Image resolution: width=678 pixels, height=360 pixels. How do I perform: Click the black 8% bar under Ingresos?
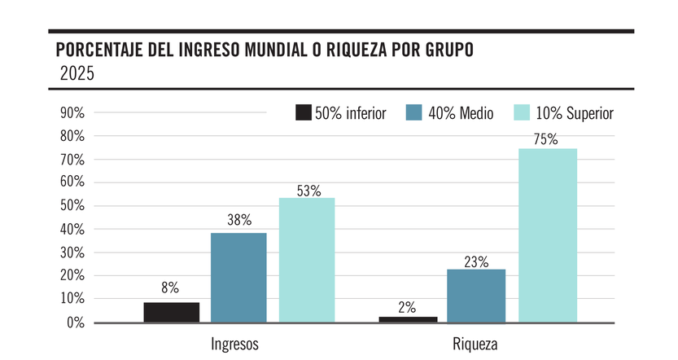click(x=172, y=313)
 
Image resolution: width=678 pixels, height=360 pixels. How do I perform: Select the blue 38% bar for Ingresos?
click(x=238, y=278)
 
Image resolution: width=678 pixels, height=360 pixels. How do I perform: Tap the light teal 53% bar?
click(x=307, y=260)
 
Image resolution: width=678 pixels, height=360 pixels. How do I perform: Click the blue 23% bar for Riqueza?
click(x=476, y=296)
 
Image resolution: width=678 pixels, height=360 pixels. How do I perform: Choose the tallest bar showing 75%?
click(x=547, y=235)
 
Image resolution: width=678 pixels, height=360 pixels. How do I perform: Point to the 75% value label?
click(x=546, y=139)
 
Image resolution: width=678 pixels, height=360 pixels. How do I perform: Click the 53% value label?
click(x=308, y=191)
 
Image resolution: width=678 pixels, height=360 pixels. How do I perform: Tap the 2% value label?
click(x=408, y=307)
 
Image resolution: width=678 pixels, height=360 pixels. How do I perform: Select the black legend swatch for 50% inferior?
click(x=303, y=113)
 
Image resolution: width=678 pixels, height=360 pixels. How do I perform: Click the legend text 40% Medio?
click(x=461, y=113)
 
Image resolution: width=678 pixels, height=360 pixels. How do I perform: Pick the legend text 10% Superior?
click(x=575, y=113)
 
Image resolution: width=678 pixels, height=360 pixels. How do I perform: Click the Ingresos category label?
click(x=234, y=344)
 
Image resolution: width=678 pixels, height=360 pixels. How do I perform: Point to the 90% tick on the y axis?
click(x=72, y=113)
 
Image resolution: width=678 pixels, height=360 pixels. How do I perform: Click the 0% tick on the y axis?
click(x=76, y=323)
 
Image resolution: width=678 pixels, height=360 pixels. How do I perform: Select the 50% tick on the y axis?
click(x=72, y=206)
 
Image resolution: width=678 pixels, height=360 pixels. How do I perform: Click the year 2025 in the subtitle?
click(x=77, y=74)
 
